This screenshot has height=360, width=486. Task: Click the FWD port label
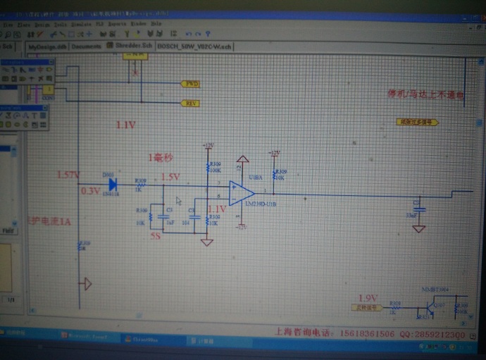[x=190, y=84]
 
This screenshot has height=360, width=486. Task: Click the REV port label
[x=190, y=103]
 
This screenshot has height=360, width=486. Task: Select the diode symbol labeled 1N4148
[x=112, y=185]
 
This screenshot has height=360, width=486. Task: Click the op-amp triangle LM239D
[x=241, y=192]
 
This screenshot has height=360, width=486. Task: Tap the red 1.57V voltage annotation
[x=68, y=175]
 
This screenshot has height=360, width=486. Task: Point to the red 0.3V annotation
[x=90, y=190]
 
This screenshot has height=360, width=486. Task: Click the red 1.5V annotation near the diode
[x=171, y=177]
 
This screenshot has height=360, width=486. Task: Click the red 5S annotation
[x=156, y=237]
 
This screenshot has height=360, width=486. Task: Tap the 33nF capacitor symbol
[x=419, y=211]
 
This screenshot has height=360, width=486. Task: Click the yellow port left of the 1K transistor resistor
[x=366, y=307]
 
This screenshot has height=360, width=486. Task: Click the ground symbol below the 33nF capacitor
[x=419, y=228]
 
